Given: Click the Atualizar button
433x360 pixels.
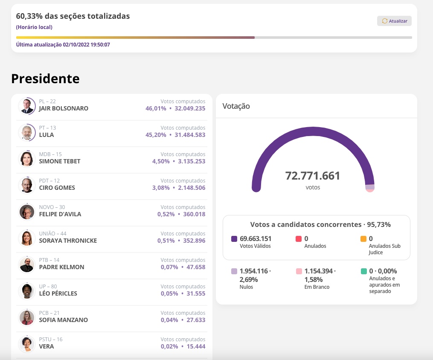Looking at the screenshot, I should (x=394, y=21).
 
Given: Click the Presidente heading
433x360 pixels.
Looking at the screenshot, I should (x=45, y=78).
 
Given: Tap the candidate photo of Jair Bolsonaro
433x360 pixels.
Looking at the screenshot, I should (x=27, y=106).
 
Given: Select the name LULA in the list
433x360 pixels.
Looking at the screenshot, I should (x=46, y=135).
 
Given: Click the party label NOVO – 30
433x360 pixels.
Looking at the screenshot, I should (x=52, y=207).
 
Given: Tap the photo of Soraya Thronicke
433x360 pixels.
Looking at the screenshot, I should (x=27, y=238).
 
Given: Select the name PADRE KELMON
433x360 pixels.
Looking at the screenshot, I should (x=61, y=267).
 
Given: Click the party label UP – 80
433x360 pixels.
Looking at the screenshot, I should (x=48, y=287).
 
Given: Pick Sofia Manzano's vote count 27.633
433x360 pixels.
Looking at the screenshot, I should (x=194, y=320).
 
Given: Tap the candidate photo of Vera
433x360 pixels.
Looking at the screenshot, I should (x=27, y=344).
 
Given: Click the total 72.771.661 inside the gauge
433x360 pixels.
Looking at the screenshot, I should (x=313, y=176).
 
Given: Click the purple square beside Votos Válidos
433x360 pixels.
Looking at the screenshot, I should (x=234, y=239).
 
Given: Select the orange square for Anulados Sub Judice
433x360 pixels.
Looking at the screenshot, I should (x=363, y=239).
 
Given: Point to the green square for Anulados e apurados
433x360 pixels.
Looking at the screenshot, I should (x=363, y=271).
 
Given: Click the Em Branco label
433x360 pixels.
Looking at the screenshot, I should (x=317, y=287).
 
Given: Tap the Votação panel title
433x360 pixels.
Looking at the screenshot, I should (x=236, y=106).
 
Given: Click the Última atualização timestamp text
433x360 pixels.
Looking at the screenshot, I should (x=63, y=45).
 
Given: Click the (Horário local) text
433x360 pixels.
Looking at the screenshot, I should (x=34, y=27).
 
